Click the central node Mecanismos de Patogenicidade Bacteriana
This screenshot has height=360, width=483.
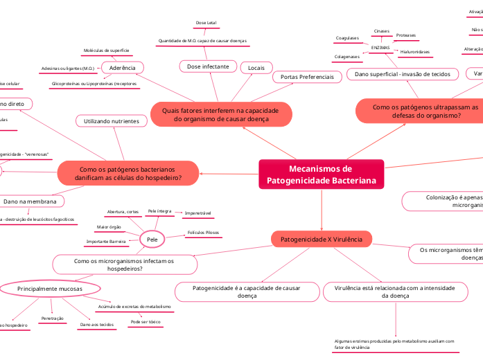[x=321, y=174]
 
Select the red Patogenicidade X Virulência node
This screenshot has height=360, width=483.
[x=321, y=239]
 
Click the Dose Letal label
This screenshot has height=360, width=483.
[x=206, y=23]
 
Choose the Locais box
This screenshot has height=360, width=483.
[x=256, y=67]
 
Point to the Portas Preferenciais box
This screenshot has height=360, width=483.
[x=306, y=77]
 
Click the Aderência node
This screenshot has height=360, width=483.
[x=123, y=67]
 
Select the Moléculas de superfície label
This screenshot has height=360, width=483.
[x=106, y=51]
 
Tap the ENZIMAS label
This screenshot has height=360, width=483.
[x=381, y=47]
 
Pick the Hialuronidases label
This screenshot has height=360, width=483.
[x=415, y=52]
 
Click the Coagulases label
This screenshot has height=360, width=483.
[x=346, y=38]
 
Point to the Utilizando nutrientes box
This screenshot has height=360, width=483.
[x=111, y=121]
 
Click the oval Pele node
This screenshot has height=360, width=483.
[x=151, y=239]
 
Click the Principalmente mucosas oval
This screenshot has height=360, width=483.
[x=49, y=288]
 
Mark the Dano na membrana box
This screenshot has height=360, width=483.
[x=29, y=201]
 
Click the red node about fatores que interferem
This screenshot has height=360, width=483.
[x=220, y=114]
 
